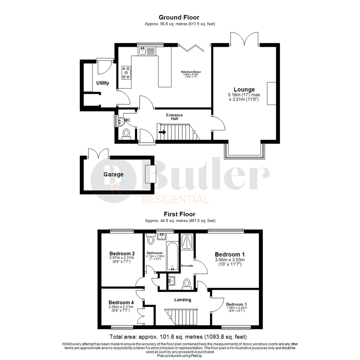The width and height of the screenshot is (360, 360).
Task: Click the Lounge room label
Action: pos(244,89)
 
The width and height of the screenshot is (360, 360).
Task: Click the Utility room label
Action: pos(103,83)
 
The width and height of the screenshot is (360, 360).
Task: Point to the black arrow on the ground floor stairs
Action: pos(163,132)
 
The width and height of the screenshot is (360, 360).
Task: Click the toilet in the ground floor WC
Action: pos(126,133)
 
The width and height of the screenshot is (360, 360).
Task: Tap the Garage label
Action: pos(113,174)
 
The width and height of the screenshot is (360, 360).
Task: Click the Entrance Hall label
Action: pos(174,117)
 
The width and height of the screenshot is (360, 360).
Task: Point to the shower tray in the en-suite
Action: pos(187,241)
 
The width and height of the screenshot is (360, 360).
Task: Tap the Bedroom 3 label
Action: pos(236,304)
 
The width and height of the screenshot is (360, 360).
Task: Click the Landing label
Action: pos(183,300)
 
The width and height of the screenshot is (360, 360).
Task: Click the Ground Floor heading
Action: pos(179,17)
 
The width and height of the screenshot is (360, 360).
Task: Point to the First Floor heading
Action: pos(180,214)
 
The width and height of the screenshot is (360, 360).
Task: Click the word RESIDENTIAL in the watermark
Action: pos(175,200)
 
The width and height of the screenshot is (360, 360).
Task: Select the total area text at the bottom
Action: pos(178,337)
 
